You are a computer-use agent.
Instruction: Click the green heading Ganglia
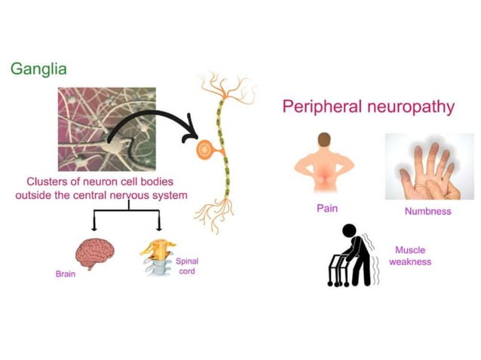pyautogui.click(x=38, y=69)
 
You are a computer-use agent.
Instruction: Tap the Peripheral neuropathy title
pyautogui.click(x=368, y=106)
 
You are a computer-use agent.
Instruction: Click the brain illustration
pyautogui.click(x=94, y=252)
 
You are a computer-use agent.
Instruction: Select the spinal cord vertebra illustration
pyautogui.click(x=158, y=258)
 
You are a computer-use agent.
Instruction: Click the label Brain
pyautogui.click(x=66, y=274)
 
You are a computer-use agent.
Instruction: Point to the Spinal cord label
pyautogui.click(x=188, y=266)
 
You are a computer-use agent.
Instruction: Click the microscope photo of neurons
pyautogui.click(x=106, y=128)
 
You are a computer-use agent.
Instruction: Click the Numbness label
pyautogui.click(x=427, y=211)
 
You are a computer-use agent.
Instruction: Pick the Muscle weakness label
pyautogui.click(x=409, y=256)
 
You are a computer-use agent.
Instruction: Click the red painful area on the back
pyautogui.click(x=324, y=178)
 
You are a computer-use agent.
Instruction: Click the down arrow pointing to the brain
pyautogui.click(x=94, y=222)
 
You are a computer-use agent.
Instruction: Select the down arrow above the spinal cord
pyautogui.click(x=158, y=222)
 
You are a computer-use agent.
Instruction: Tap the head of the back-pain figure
pyautogui.click(x=324, y=140)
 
